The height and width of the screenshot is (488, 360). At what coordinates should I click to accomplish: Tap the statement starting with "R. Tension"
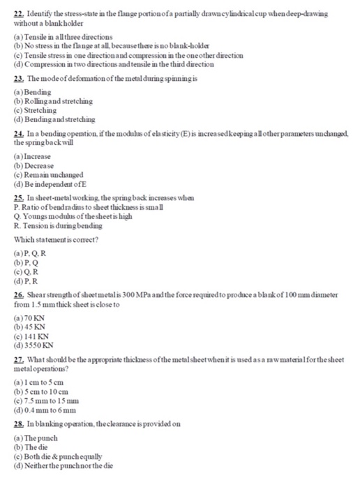pyautogui.click(x=55, y=226)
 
